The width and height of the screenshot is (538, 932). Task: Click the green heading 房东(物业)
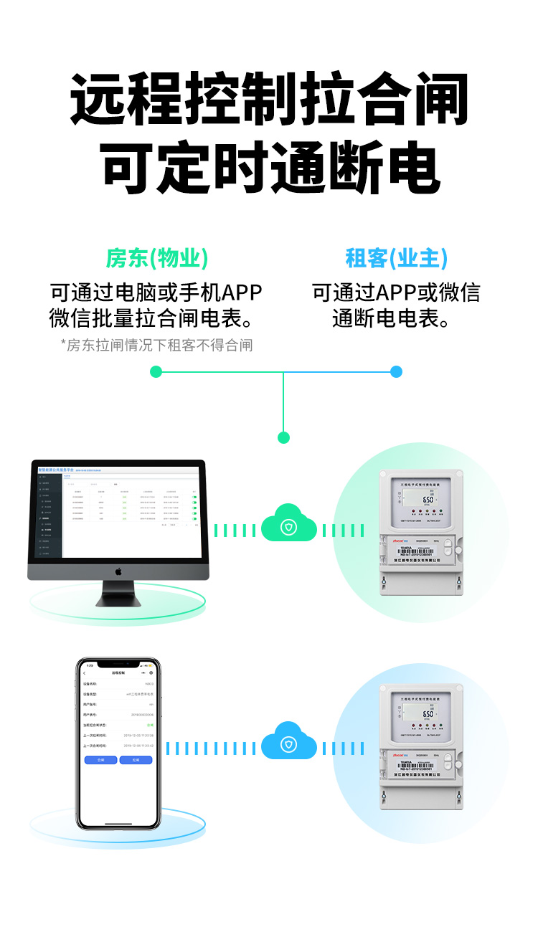point(157,258)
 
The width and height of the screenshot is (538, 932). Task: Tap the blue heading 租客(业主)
point(396,258)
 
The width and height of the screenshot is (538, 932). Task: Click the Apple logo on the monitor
point(118,571)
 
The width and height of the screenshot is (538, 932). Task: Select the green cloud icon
point(288,528)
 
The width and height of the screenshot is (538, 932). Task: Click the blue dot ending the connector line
point(396,371)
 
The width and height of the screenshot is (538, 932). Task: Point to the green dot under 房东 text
point(156,371)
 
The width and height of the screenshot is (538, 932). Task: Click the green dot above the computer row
point(283,437)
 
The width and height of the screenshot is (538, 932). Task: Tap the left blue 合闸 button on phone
point(100,759)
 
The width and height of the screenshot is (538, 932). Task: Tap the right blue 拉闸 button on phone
point(136,759)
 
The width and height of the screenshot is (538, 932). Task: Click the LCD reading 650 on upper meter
point(428,499)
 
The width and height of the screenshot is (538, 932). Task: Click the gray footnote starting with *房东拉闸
point(156,346)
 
